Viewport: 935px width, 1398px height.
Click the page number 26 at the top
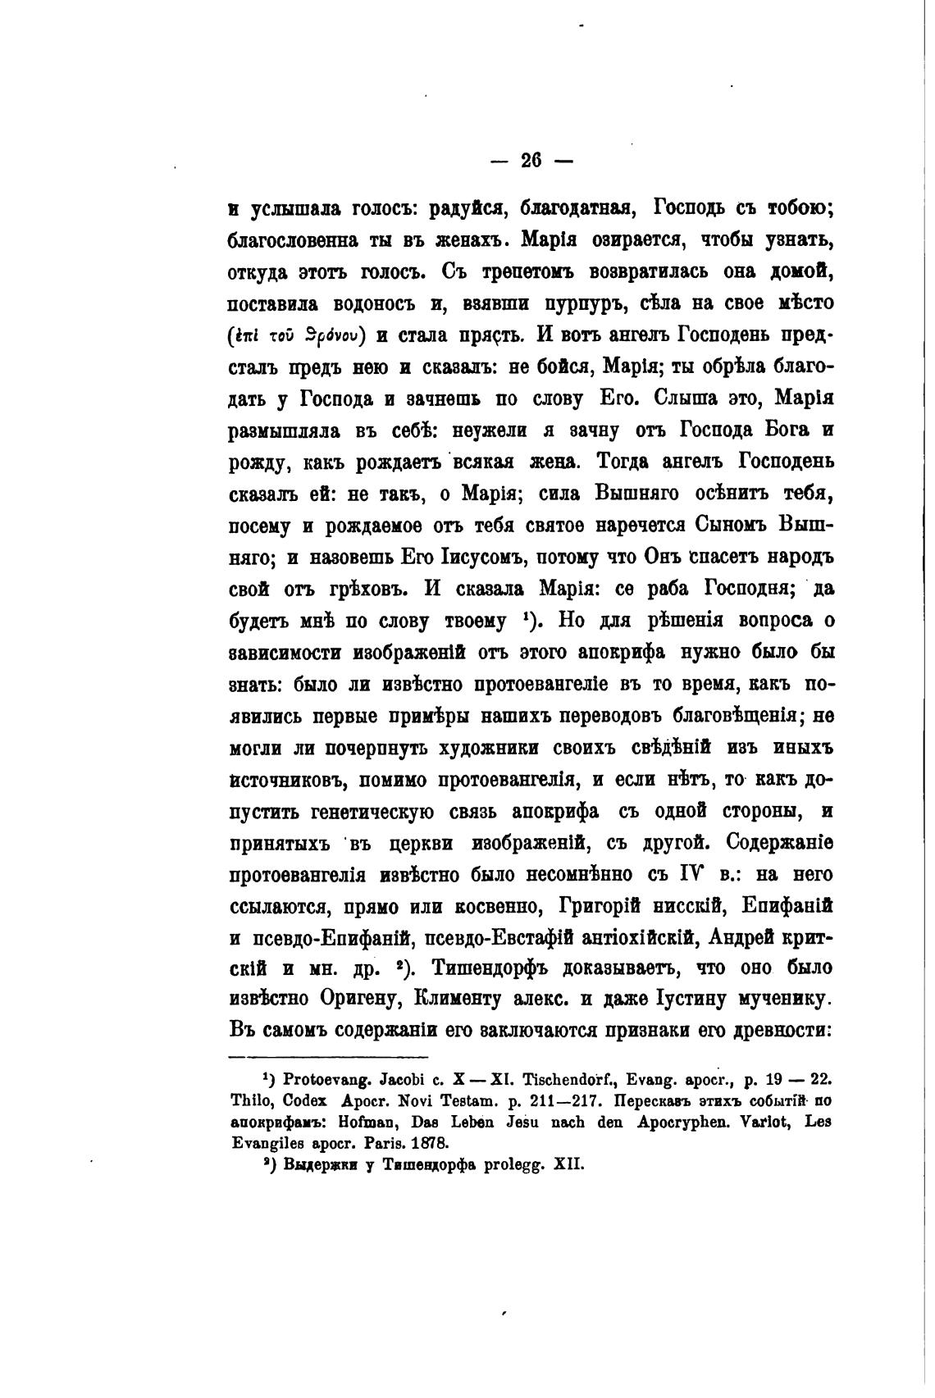click(531, 162)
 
